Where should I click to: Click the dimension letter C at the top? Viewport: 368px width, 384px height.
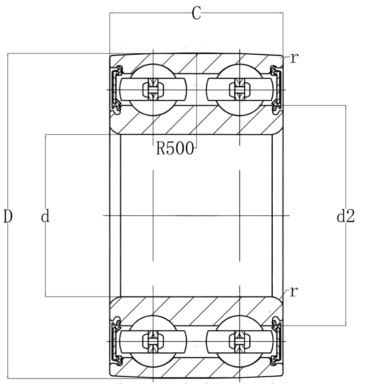(x=196, y=13)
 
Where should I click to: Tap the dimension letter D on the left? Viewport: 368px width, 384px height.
(x=8, y=217)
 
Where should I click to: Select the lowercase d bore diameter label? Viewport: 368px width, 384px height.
(x=46, y=216)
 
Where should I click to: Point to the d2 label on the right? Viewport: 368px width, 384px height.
(x=346, y=216)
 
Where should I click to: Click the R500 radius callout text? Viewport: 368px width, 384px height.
(x=175, y=149)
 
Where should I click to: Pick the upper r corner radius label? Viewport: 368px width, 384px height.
(x=294, y=58)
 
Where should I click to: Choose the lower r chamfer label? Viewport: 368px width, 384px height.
(x=293, y=292)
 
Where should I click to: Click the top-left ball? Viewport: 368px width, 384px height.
(x=153, y=90)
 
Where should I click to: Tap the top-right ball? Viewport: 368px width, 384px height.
(x=240, y=90)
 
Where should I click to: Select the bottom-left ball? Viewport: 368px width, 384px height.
(x=153, y=341)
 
